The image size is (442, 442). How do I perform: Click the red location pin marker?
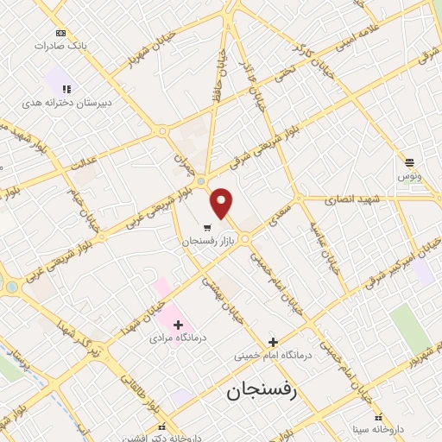coord(222,203)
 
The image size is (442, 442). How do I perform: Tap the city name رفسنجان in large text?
coord(261,391)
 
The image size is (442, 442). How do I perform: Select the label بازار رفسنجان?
coord(209,241)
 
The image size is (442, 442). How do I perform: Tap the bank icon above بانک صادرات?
coord(60,33)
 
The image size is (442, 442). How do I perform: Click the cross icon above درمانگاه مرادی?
coord(179,325)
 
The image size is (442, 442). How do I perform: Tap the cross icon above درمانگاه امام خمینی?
coord(274,342)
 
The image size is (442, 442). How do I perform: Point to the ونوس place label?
coord(409,175)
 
